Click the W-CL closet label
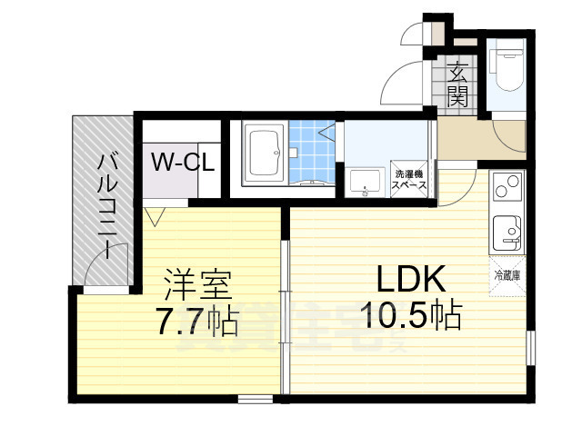(182, 163)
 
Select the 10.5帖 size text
(409, 316)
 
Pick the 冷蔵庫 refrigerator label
(507, 274)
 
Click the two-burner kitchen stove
(507, 190)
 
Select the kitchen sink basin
(506, 235)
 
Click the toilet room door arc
(506, 136)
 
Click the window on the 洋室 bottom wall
(255, 398)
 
